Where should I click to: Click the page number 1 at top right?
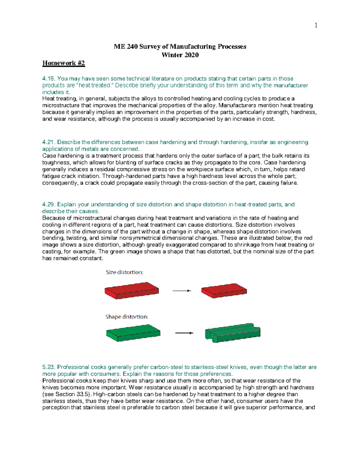point(316,26)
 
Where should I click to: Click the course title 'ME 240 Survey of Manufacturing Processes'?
point(180,47)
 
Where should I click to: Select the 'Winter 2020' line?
point(180,55)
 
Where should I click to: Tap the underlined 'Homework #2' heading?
point(64,63)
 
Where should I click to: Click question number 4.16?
point(49,79)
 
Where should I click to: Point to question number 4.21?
point(49,142)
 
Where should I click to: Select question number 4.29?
point(49,204)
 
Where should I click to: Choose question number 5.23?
point(49,367)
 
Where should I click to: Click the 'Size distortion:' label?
point(124,272)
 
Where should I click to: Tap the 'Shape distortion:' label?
point(127,317)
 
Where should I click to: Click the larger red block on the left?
point(131,290)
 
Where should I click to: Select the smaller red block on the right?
point(224,290)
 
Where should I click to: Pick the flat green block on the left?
point(133,333)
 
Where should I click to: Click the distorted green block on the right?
point(232,332)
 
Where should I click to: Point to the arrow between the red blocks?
point(182,290)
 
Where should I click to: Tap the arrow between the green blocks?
point(184,333)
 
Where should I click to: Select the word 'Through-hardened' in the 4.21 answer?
point(122,176)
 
